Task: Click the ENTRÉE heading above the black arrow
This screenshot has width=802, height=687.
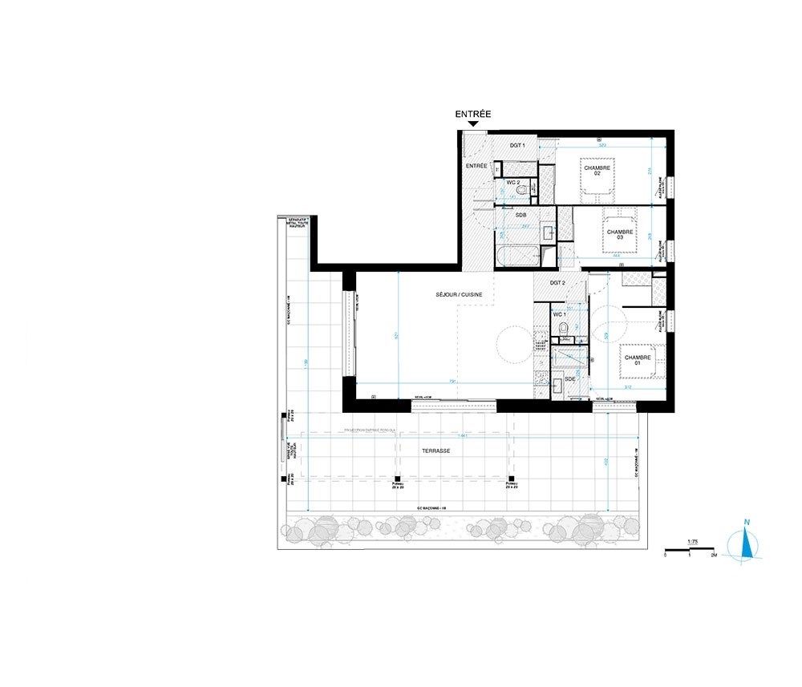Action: tap(472, 115)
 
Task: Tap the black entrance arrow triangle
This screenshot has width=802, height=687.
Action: tap(473, 124)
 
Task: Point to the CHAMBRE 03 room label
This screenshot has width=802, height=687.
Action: tap(620, 233)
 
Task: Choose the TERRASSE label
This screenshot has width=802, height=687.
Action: tap(435, 451)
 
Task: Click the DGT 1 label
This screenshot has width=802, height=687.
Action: tap(517, 145)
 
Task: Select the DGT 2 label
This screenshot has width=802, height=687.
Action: tap(558, 283)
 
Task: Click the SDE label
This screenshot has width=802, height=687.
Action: tap(569, 378)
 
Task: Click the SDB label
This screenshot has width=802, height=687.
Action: tap(520, 216)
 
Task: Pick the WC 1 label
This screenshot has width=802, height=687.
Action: tap(560, 314)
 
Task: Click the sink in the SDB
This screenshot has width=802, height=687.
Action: tap(549, 232)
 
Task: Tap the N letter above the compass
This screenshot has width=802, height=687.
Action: tap(747, 524)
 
